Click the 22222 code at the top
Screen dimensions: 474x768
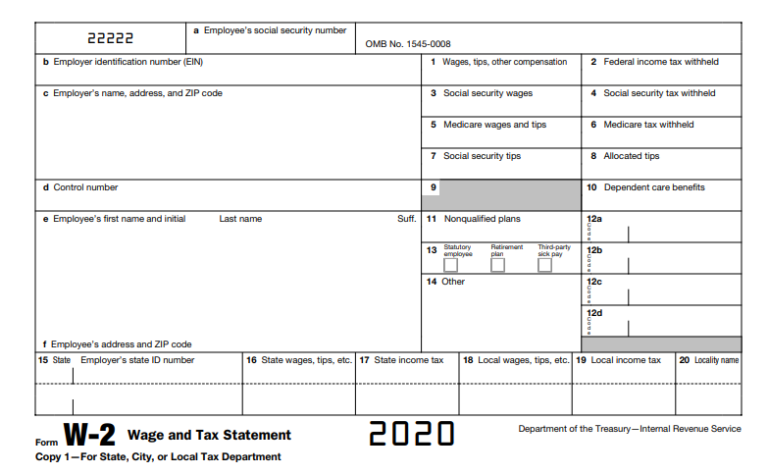click(x=110, y=39)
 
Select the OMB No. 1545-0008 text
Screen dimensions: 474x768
click(x=408, y=44)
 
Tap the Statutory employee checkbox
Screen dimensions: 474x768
click(x=451, y=265)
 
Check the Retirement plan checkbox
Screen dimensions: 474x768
click(x=498, y=265)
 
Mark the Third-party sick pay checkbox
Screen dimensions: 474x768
click(x=544, y=265)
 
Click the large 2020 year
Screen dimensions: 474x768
click(x=412, y=434)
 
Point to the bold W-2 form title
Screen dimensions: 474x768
click(x=90, y=435)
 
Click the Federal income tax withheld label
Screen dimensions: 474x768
click(x=660, y=62)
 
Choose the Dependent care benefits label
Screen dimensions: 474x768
click(x=653, y=187)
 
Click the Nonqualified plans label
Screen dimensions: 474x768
click(x=482, y=219)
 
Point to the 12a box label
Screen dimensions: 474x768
click(x=594, y=219)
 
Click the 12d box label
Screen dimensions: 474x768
click(x=594, y=313)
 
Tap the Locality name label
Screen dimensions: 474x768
click(x=716, y=360)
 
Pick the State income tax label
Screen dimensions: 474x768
click(x=408, y=360)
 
